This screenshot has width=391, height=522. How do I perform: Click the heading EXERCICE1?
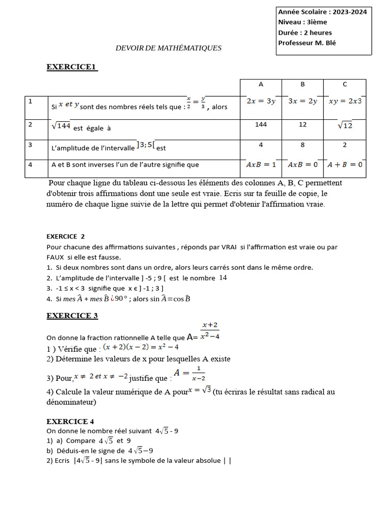point(72,67)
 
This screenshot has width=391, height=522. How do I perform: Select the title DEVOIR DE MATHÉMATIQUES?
point(169,48)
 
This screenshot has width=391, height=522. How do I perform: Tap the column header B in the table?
point(302,85)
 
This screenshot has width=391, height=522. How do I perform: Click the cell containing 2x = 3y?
point(261,101)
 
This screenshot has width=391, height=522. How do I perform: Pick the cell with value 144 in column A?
point(261,124)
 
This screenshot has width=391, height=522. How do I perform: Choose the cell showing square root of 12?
point(345,125)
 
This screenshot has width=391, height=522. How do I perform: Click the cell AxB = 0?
point(302,165)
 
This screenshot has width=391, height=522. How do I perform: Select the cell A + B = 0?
point(345,165)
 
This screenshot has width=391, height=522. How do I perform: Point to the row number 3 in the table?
point(31,145)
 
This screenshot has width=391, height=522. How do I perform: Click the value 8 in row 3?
point(302,145)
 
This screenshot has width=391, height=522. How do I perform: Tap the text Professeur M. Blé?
point(307,43)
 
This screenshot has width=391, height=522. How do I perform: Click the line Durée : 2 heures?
point(305,33)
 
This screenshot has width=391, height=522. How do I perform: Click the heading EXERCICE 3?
point(72,316)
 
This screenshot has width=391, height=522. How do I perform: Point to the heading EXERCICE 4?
point(70,422)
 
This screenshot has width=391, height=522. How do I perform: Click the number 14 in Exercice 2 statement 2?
point(223,278)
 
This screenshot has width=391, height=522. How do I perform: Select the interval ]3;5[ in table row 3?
point(146,146)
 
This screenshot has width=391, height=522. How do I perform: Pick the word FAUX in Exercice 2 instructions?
point(55,257)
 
